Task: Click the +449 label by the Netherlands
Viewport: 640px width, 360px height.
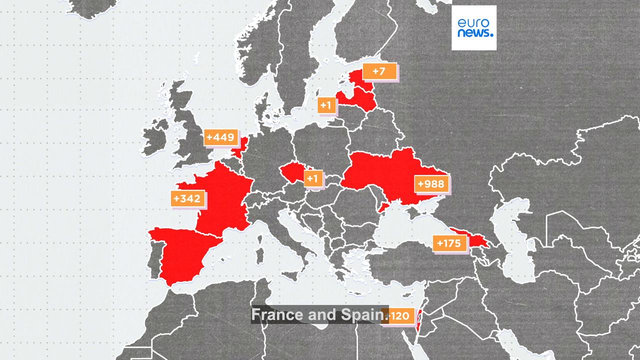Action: (x=220, y=137)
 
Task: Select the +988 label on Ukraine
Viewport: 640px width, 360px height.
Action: (x=431, y=184)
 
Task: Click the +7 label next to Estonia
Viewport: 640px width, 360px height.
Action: (x=379, y=71)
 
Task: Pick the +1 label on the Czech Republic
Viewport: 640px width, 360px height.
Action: (x=313, y=178)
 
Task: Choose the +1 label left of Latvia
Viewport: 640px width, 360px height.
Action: (x=326, y=105)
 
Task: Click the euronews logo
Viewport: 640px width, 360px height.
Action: (x=474, y=27)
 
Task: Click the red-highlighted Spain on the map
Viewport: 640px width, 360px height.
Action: (x=182, y=255)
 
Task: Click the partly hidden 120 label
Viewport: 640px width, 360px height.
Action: (x=399, y=316)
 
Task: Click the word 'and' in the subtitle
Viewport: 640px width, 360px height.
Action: (x=324, y=315)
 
